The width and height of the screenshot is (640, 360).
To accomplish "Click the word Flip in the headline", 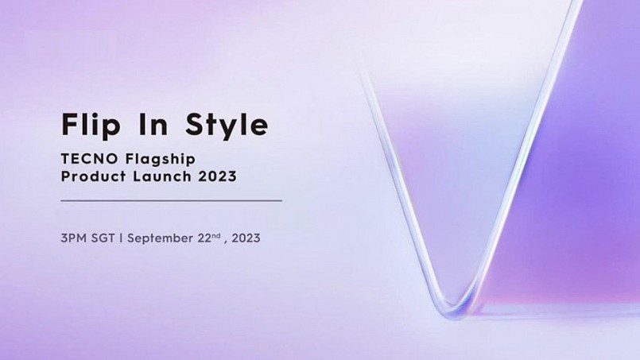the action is pos(91,125).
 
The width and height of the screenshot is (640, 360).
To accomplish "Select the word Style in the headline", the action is pos(227,125).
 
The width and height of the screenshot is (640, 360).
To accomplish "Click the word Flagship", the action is pos(161,160).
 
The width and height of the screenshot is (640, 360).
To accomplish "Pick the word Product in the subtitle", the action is pos(94,176).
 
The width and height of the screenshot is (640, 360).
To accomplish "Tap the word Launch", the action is pos(162,176).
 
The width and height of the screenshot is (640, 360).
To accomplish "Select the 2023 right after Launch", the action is pos(218,176).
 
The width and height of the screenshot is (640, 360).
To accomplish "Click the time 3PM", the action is pos(73,238).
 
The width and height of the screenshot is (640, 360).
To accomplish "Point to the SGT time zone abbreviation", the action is pos(103,238).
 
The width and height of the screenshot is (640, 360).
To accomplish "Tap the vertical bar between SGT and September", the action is pos(121,238).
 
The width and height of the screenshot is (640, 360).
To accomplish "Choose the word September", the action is pos(160,238).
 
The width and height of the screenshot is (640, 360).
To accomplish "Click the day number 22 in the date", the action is pos(204,238).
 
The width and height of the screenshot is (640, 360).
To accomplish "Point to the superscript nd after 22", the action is pos(216,235).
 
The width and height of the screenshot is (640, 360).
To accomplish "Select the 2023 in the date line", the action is pos(246,238).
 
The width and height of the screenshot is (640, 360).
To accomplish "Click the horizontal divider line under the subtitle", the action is pos(172,201).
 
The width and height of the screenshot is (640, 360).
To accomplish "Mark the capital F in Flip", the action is pos(69,124).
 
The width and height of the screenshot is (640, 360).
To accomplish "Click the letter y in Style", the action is pos(225,128).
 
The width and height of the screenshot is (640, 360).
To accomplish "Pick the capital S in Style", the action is pos(195,124).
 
